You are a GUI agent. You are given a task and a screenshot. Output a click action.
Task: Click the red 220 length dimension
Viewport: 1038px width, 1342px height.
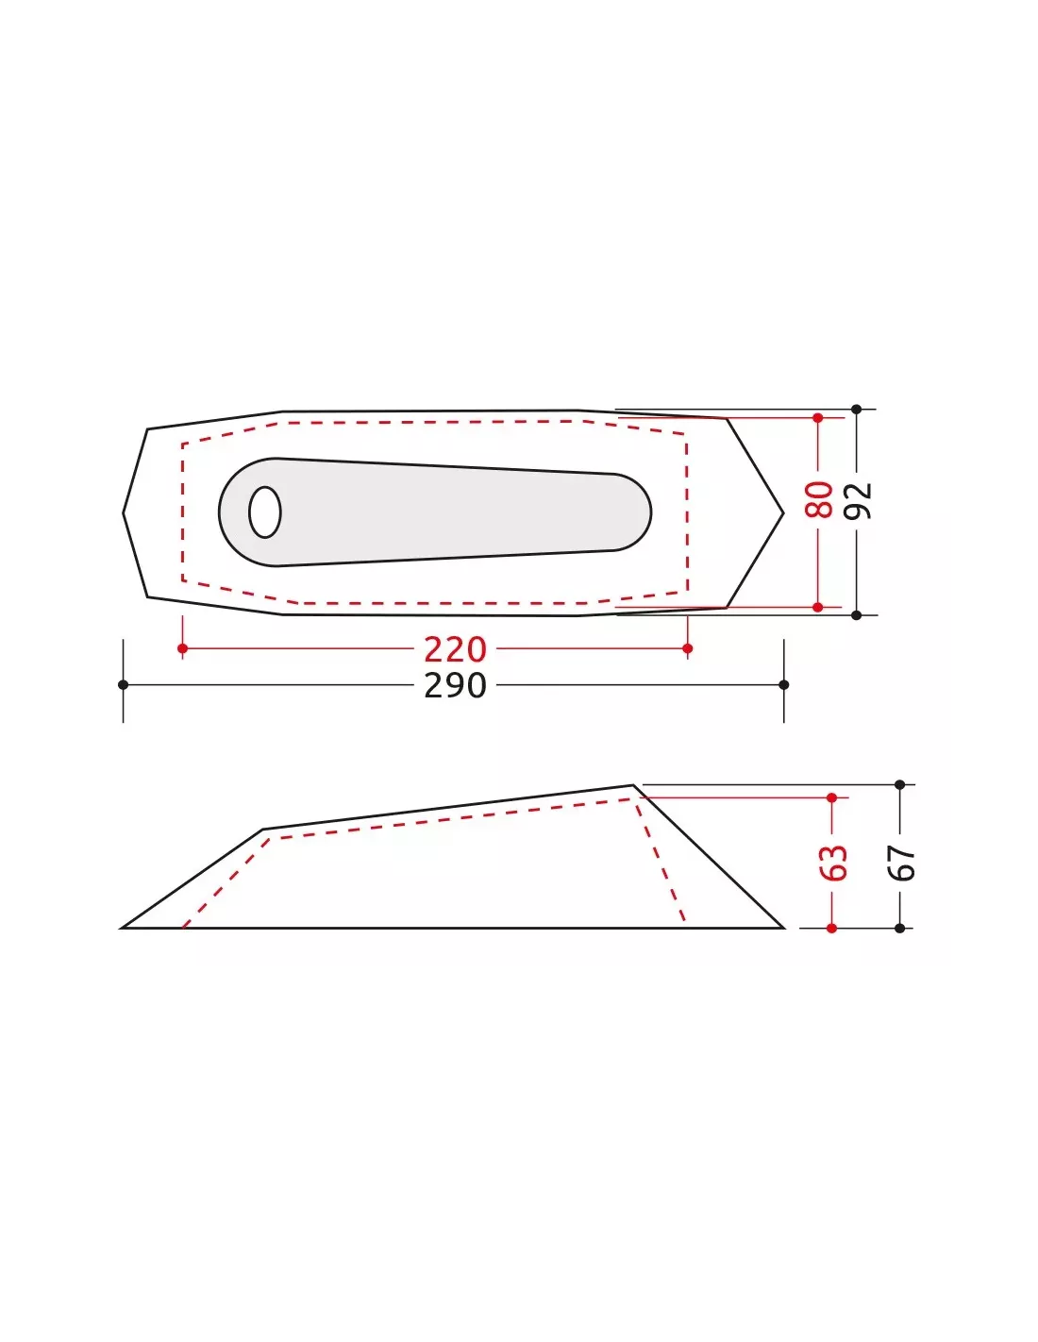pos(455,649)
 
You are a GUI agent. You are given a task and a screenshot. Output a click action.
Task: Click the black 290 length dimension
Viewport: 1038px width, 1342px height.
pos(455,685)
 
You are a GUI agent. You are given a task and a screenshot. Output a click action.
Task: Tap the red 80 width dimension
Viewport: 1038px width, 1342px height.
pos(819,499)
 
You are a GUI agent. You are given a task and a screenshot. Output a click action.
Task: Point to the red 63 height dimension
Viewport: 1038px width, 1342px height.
pos(833,863)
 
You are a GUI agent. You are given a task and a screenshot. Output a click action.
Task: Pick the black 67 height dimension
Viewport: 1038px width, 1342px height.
pos(901,863)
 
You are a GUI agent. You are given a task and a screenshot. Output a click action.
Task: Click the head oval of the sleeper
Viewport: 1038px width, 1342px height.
pos(265,512)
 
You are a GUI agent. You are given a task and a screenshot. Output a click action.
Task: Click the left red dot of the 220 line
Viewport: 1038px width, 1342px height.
pos(182,648)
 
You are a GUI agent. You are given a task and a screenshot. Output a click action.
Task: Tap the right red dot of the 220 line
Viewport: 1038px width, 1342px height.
pos(688,648)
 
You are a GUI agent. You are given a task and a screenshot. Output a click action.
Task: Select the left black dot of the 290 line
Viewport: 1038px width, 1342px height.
pos(123,685)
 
